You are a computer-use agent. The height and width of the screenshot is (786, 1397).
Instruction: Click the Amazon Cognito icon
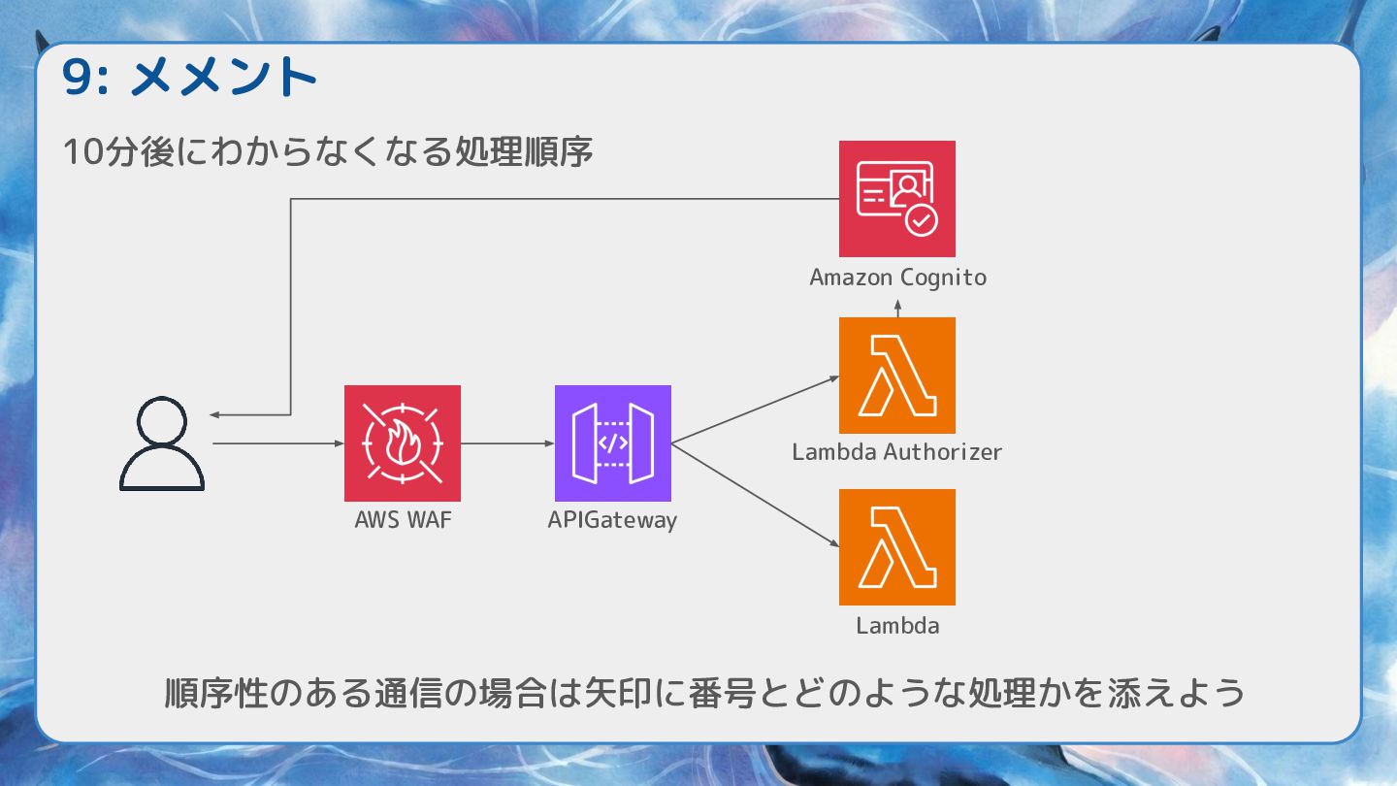click(896, 199)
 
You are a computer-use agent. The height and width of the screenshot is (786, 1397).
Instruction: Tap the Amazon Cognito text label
click(897, 278)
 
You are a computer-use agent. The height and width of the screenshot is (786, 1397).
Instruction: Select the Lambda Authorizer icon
click(896, 376)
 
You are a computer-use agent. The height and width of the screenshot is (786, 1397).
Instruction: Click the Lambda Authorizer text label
click(896, 451)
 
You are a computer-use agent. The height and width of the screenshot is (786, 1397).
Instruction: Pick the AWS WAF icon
click(403, 443)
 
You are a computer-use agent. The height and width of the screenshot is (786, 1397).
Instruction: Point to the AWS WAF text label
click(403, 520)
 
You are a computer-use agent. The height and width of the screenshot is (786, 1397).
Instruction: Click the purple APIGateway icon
click(612, 443)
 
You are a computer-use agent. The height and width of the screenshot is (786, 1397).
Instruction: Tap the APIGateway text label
click(612, 520)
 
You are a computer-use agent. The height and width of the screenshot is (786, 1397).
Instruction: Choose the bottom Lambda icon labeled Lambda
click(896, 547)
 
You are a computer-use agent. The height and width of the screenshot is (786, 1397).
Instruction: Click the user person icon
click(162, 444)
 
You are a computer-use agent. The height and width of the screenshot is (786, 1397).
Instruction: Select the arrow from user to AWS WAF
click(277, 444)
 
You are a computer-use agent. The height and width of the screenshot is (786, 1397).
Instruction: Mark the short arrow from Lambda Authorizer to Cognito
click(897, 308)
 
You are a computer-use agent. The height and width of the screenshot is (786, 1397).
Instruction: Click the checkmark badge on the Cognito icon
click(921, 220)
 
